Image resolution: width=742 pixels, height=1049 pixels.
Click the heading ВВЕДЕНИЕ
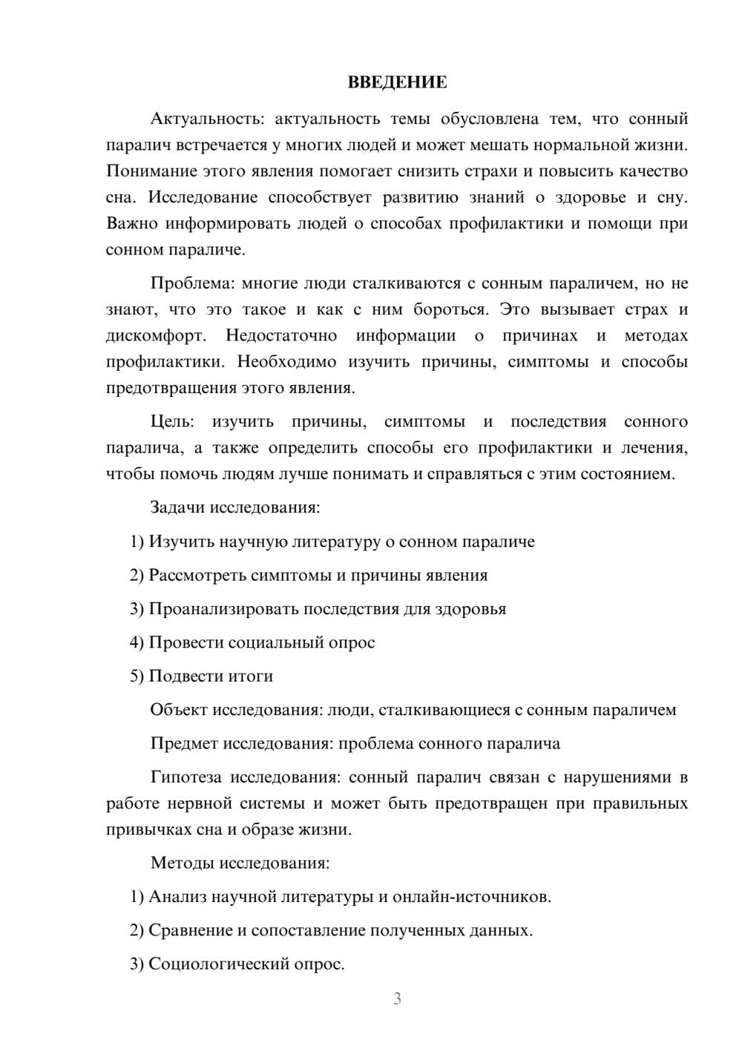[x=397, y=82]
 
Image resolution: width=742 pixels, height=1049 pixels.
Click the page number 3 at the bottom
[x=397, y=999]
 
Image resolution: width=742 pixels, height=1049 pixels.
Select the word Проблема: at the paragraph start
[x=185, y=283]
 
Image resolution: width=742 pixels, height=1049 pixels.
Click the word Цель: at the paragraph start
[x=172, y=421]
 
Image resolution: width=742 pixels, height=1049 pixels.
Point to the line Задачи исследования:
[x=235, y=507]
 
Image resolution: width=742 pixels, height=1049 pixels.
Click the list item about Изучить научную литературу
[x=332, y=542]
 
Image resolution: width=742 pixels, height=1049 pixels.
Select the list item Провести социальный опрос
[x=252, y=642]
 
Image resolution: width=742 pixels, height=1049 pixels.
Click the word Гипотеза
[x=185, y=777]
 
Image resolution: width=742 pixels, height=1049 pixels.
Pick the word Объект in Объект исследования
[x=179, y=710]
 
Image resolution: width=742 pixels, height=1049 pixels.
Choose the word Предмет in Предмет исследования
[x=184, y=743]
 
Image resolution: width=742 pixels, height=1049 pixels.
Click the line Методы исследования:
[x=240, y=863]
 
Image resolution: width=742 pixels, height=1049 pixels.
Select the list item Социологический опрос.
[x=237, y=964]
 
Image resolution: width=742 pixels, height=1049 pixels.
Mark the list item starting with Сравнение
[x=331, y=930]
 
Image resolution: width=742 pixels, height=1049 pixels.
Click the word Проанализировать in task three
[x=220, y=609]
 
